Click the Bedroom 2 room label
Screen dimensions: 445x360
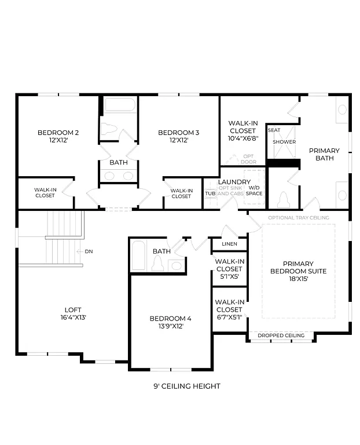click(58, 133)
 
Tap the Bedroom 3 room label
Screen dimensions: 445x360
click(178, 133)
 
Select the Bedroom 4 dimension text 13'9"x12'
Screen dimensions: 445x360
click(170, 326)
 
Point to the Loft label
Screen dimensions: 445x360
click(73, 309)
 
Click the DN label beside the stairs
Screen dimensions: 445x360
click(89, 251)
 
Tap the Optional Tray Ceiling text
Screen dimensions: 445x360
click(298, 218)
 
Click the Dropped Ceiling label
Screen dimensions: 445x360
click(281, 335)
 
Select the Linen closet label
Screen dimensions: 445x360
click(229, 244)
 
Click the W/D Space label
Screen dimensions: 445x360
click(254, 191)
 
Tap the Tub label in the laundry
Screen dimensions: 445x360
click(210, 193)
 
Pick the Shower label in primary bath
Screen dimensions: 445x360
click(284, 142)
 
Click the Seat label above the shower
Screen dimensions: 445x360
click(274, 130)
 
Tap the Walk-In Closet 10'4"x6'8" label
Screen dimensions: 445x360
click(243, 130)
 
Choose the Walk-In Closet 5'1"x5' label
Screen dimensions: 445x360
click(229, 269)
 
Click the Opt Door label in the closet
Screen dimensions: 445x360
click(248, 159)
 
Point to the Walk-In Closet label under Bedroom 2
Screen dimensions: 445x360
click(45, 192)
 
